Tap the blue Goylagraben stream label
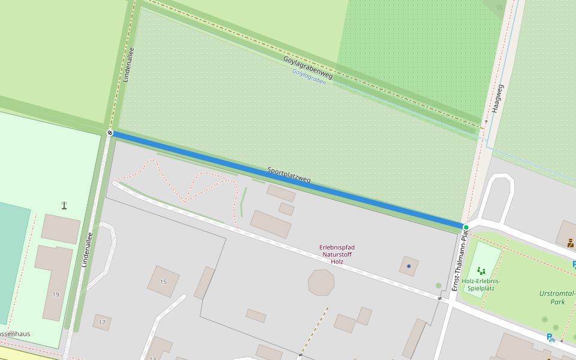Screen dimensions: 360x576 click(309, 77)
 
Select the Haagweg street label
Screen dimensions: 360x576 click(496, 98)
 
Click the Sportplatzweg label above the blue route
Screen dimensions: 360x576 click(289, 175)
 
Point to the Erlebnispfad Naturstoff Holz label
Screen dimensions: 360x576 click(337, 254)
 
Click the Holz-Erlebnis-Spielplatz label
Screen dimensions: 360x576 click(481, 284)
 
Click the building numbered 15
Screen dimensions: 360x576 click(163, 281)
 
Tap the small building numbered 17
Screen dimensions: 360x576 click(102, 322)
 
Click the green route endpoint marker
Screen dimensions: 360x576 click(466, 227)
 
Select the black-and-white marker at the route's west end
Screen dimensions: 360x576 click(110, 133)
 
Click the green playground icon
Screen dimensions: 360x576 click(481, 271)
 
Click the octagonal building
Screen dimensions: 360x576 click(321, 283)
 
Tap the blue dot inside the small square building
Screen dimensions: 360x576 click(409, 266)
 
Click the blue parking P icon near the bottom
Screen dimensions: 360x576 click(550, 338)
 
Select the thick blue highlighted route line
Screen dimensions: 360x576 click(288, 180)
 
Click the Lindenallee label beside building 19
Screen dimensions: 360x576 click(86, 249)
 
